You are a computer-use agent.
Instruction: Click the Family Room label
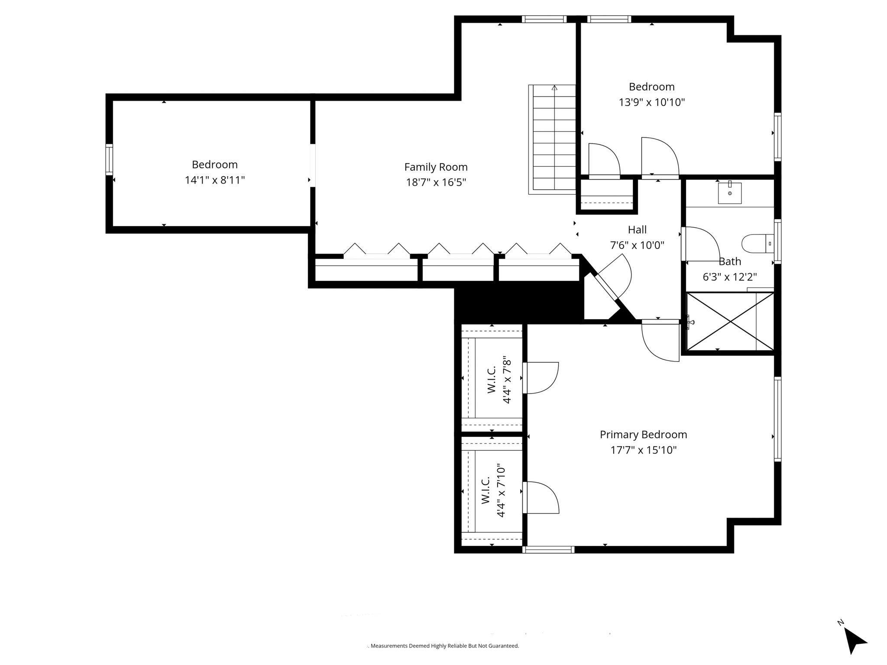(x=436, y=167)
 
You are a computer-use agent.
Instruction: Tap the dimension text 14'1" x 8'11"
(x=215, y=180)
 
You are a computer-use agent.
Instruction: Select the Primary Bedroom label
(x=643, y=435)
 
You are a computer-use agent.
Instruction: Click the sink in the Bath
(x=730, y=193)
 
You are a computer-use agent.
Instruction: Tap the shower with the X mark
(x=730, y=321)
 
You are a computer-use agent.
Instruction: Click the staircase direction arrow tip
(x=554, y=87)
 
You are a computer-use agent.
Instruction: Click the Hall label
(x=637, y=230)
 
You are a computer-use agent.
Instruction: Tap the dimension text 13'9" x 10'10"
(x=651, y=103)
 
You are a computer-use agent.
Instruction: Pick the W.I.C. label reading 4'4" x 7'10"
(x=493, y=491)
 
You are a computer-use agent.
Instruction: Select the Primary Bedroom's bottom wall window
(x=548, y=549)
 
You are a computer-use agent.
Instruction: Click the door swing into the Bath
(x=701, y=244)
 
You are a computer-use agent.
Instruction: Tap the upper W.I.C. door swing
(x=541, y=378)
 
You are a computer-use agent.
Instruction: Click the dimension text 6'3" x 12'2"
(x=729, y=277)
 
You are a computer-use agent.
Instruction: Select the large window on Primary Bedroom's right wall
(x=777, y=419)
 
